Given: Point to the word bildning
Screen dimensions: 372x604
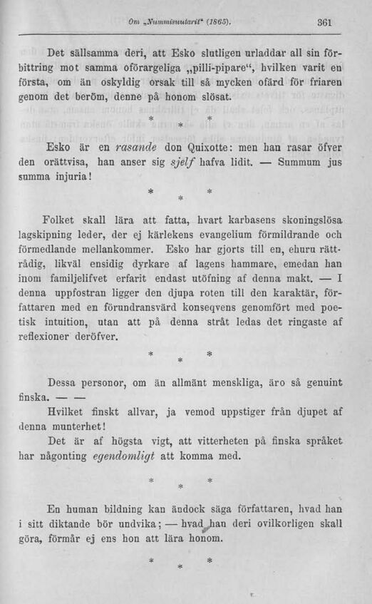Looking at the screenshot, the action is point(123,511).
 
